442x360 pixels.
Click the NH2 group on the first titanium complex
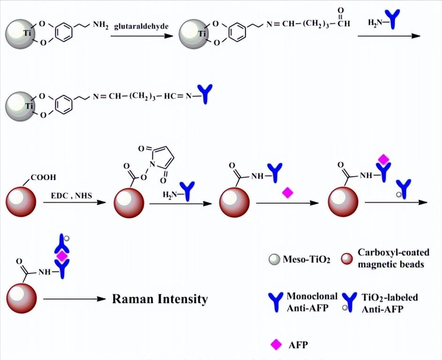(x=100, y=24)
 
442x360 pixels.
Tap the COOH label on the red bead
(x=44, y=177)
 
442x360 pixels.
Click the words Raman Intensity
(x=160, y=299)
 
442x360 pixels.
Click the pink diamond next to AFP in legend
(x=276, y=345)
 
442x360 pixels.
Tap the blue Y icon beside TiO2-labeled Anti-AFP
(x=349, y=303)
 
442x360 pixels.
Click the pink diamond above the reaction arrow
(x=287, y=192)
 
